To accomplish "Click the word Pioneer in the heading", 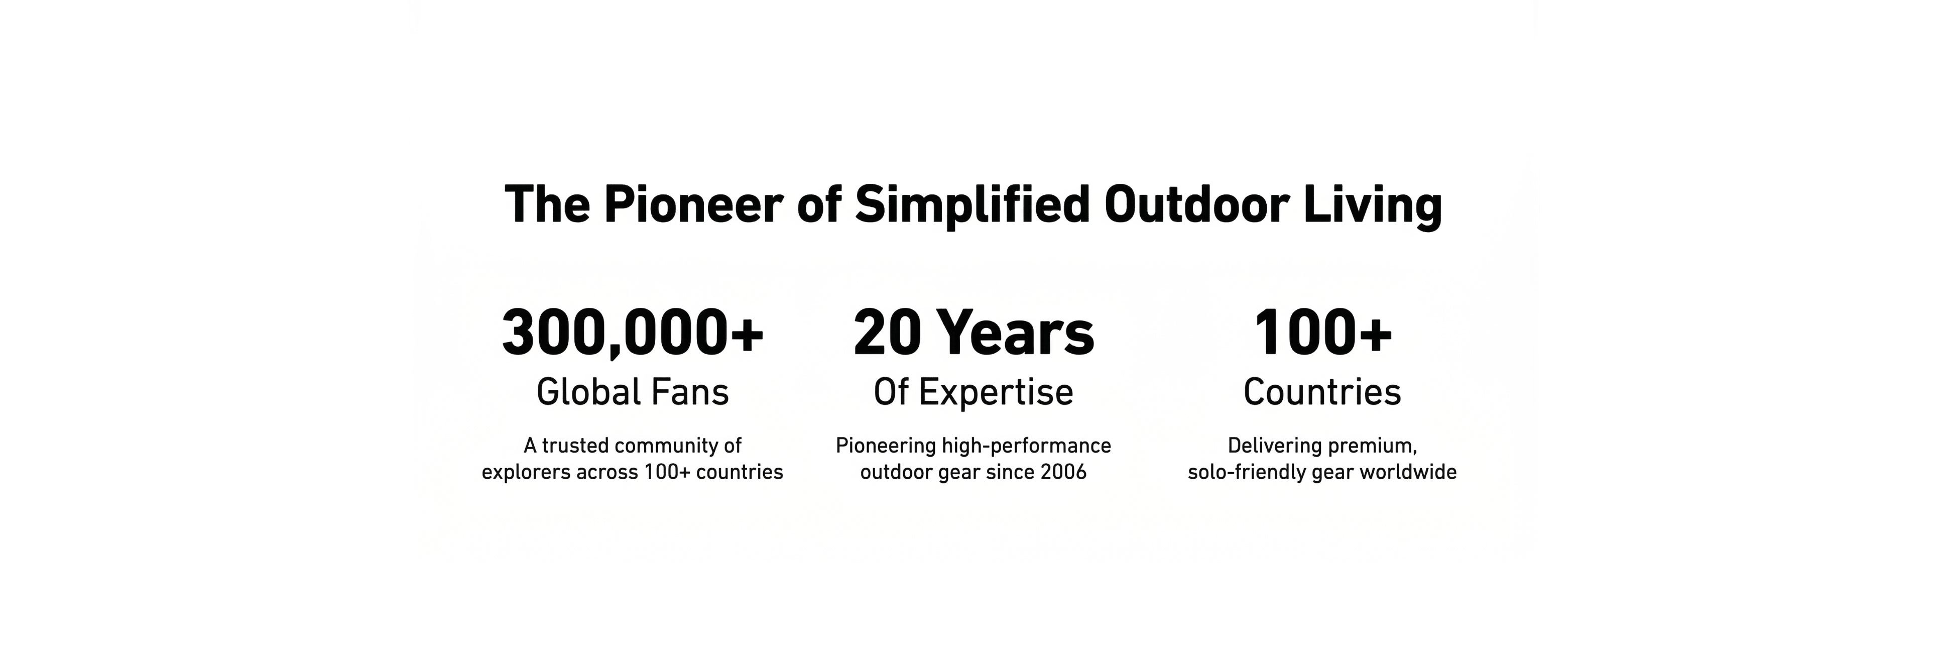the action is pyautogui.click(x=693, y=205).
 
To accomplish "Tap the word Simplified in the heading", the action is pyautogui.click(x=972, y=205).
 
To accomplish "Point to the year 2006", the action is pyautogui.click(x=1063, y=472).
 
